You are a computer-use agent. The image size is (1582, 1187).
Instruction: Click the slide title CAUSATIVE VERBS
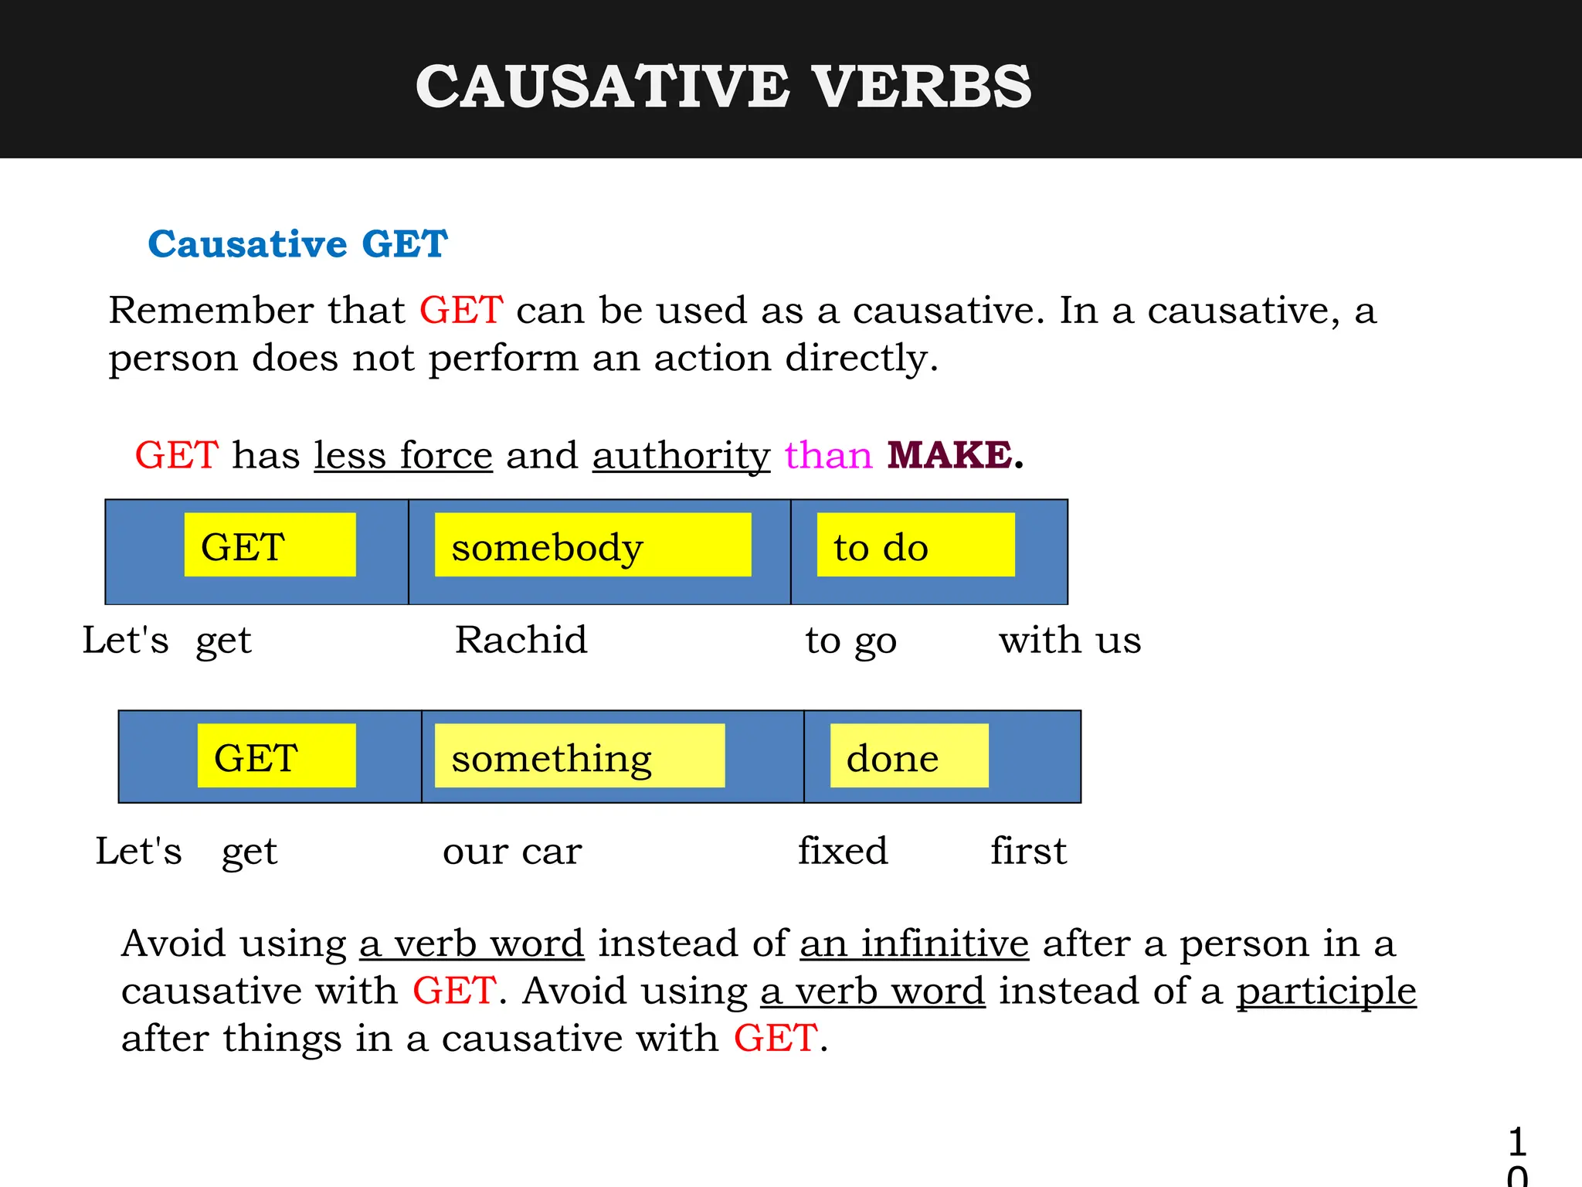tap(723, 87)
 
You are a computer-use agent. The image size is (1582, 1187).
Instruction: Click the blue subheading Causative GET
tap(297, 244)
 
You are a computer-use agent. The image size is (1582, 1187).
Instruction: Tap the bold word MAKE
tap(950, 455)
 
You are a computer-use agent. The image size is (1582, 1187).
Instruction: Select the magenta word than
tap(828, 455)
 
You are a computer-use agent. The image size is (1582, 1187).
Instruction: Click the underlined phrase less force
tap(403, 456)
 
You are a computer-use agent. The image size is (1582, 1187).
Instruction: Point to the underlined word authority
tap(681, 456)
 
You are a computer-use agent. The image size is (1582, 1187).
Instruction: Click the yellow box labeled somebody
tap(592, 546)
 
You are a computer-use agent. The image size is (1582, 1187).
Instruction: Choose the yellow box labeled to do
tap(915, 546)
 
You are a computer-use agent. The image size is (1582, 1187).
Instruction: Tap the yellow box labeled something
tap(579, 757)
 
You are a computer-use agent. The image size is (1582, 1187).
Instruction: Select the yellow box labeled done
tap(909, 757)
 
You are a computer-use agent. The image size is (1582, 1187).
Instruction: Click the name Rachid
tap(521, 640)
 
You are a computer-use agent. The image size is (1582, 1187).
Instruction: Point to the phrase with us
tap(1070, 640)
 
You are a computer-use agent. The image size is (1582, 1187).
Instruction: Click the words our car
tap(512, 851)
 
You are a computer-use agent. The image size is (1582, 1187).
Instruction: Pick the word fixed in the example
tap(843, 851)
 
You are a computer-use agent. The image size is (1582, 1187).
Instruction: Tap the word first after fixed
tap(1029, 851)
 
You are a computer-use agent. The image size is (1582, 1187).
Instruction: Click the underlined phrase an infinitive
tap(915, 944)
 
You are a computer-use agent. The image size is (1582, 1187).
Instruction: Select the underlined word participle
tap(1326, 991)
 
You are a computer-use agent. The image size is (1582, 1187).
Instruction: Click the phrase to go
tap(850, 641)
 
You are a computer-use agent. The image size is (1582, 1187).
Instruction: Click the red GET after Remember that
tap(461, 311)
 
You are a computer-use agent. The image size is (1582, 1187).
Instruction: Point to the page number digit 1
tap(1517, 1141)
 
